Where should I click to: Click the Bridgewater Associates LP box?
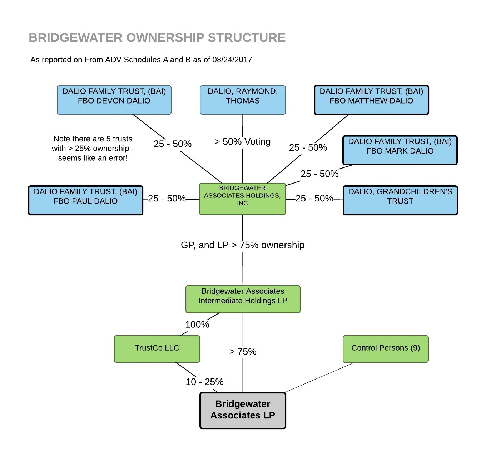243,410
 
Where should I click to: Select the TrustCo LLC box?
157,348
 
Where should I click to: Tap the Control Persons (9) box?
386,348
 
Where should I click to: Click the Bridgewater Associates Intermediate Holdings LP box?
243,299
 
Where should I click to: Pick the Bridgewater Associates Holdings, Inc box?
242,199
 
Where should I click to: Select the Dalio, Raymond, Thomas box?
243,100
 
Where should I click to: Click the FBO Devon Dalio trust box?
114,100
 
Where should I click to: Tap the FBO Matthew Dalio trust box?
371,100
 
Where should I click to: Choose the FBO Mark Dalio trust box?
400,150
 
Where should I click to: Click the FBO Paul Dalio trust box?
85,200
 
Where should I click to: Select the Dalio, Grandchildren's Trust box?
400,200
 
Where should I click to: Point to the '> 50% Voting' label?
243,142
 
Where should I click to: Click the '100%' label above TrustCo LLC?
197,325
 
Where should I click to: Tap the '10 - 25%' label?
204,382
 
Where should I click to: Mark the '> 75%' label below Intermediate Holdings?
243,352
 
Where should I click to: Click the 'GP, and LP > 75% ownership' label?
243,245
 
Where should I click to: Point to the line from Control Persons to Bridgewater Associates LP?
319,377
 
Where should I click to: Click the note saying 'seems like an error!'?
93,158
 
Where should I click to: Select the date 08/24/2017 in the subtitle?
232,60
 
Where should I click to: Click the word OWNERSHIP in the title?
165,37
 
